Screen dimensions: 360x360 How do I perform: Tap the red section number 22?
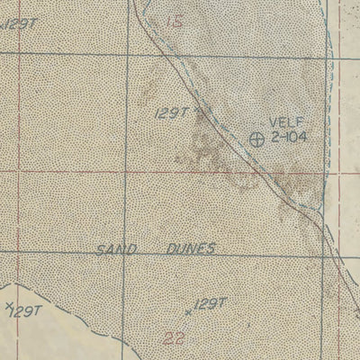(x=176, y=338)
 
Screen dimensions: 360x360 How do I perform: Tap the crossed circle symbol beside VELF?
(x=256, y=139)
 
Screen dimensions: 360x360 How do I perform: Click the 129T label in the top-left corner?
(x=19, y=24)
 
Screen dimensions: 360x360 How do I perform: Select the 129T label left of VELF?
(x=170, y=112)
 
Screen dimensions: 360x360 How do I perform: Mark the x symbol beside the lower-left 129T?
(x=8, y=306)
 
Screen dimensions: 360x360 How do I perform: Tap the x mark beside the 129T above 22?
(x=188, y=310)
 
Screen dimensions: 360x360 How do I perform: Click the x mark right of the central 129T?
(x=197, y=111)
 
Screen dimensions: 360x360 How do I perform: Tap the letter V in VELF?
(x=272, y=123)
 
